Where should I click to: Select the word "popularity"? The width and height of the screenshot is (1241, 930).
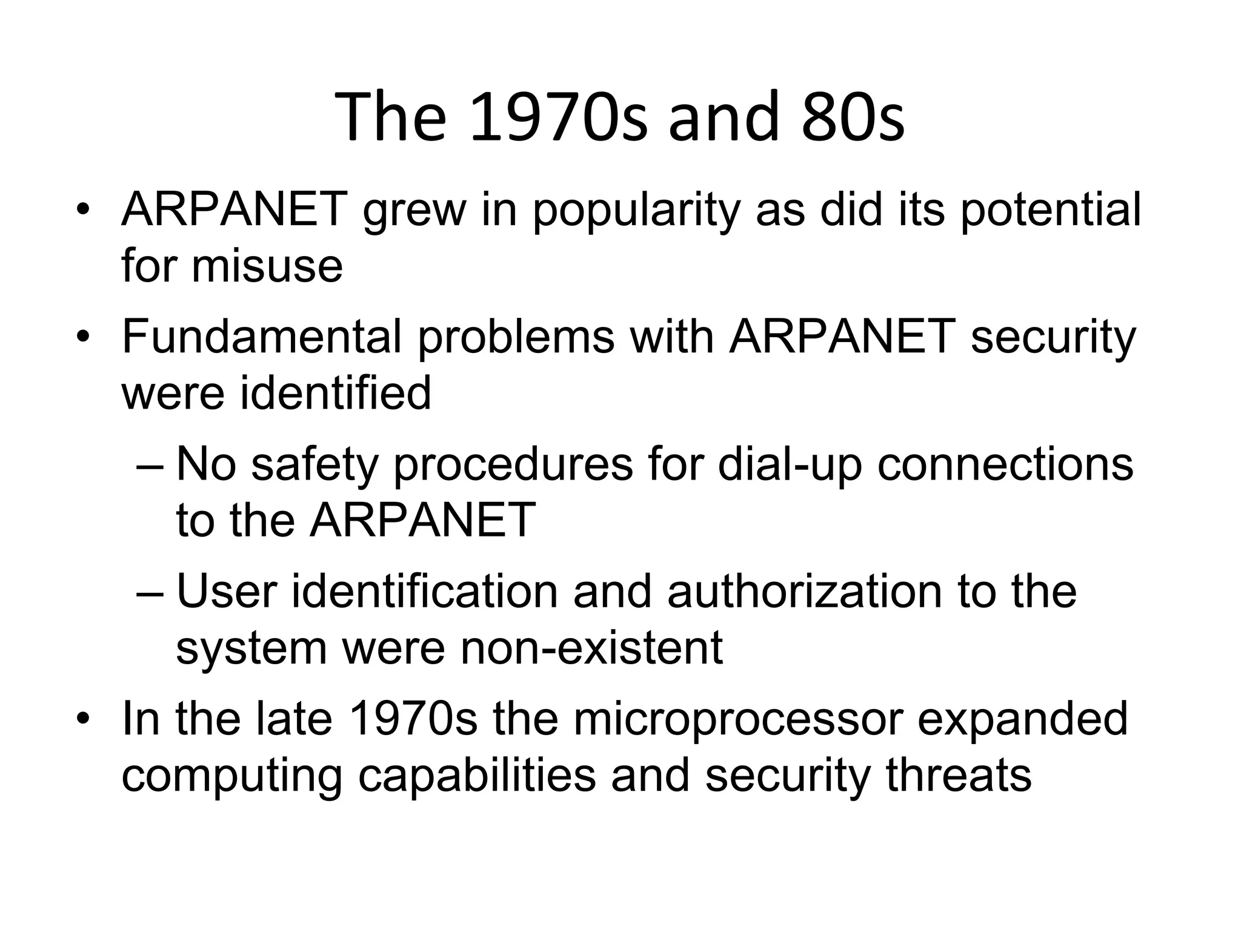pos(636,210)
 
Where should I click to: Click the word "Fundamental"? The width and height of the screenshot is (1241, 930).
pos(262,337)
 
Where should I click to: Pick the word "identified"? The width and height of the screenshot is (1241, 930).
pos(336,392)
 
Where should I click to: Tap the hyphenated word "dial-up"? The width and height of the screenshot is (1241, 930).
pos(790,465)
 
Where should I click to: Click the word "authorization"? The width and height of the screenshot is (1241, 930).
pos(805,591)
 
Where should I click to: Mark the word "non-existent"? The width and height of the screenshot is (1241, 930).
pos(591,647)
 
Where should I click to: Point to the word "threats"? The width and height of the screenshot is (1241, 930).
pos(959,775)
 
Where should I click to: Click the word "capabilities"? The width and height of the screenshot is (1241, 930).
pos(477,775)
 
